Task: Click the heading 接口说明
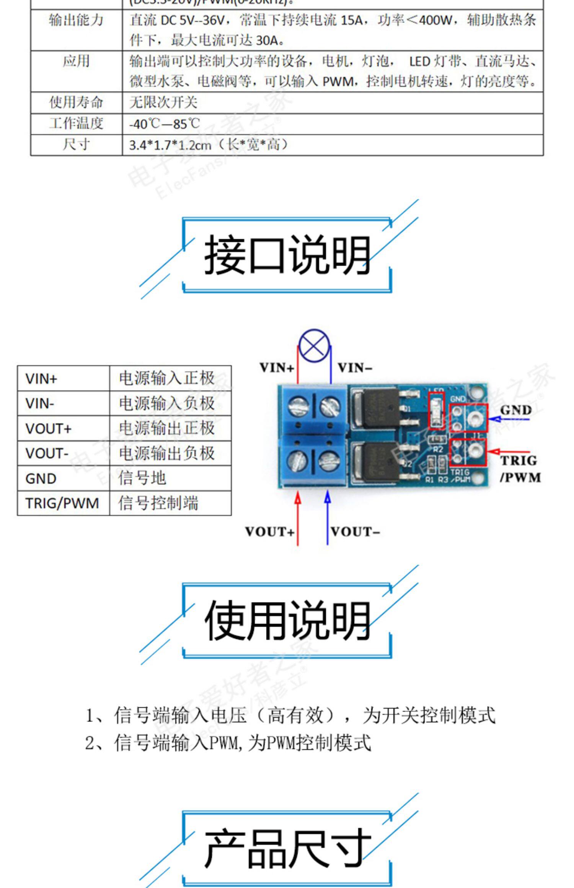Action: pos(287,255)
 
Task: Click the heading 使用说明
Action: pos(287,620)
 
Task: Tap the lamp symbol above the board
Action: pos(314,346)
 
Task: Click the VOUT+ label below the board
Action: pos(270,532)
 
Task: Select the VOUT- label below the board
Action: pos(355,532)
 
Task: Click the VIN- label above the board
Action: pos(355,368)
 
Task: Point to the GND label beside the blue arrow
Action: pos(516,410)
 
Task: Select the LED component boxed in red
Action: pos(436,410)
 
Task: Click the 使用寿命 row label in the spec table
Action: pos(76,102)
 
